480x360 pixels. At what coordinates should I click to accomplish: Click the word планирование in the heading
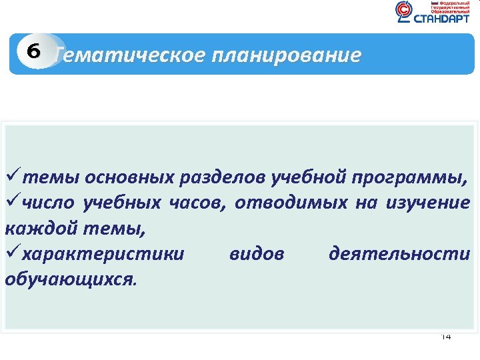click(x=287, y=55)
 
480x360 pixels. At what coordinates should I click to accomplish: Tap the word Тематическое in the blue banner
click(x=130, y=55)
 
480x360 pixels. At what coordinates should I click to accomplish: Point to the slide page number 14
click(x=446, y=337)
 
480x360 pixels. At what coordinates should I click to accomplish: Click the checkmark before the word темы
click(x=11, y=177)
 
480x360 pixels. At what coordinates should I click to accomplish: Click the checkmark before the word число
click(x=11, y=203)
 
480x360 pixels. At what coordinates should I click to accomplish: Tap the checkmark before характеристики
click(x=11, y=253)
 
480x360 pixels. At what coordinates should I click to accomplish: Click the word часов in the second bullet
click(x=195, y=203)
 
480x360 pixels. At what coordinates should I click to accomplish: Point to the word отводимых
click(x=291, y=203)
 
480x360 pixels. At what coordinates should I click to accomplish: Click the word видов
click(x=257, y=254)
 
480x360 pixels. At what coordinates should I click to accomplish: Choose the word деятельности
click(x=399, y=254)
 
